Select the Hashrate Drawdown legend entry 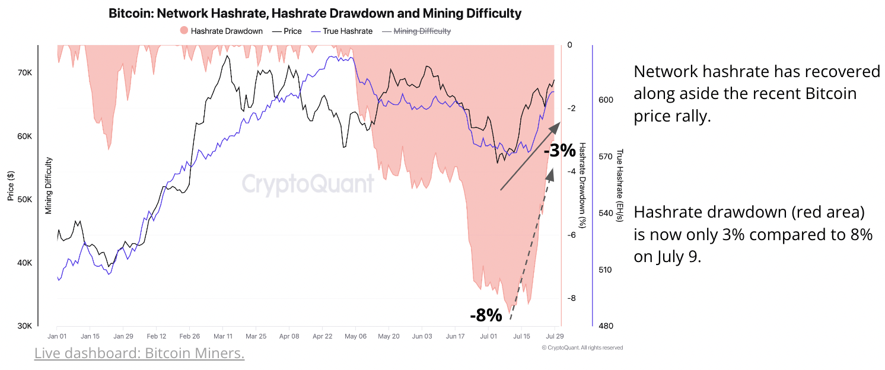[221, 31]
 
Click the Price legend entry [287, 31]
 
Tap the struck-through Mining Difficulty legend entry [416, 31]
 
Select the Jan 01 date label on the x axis [57, 336]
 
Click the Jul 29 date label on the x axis [554, 336]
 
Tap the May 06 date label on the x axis [355, 336]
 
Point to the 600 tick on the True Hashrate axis [606, 100]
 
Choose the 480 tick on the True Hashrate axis [606, 326]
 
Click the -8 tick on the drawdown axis [570, 298]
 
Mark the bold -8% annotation [486, 315]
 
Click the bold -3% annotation [559, 151]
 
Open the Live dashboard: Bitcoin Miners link [139, 353]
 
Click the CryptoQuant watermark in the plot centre [308, 183]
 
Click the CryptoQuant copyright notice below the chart [582, 347]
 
